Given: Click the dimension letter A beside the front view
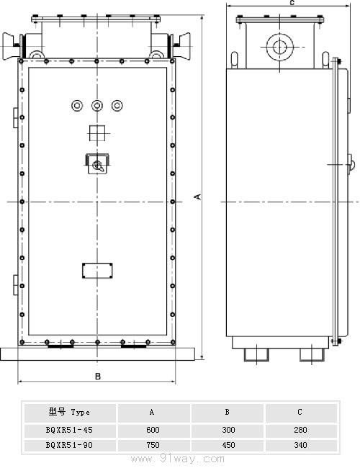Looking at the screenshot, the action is [x=197, y=197].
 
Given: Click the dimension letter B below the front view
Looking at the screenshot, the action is [x=98, y=377].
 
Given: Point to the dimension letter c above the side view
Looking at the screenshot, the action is [x=292, y=3].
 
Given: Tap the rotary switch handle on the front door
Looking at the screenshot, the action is [x=97, y=163].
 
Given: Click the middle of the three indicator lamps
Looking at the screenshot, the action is [x=97, y=105].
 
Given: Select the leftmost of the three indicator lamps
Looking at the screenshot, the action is [x=77, y=105].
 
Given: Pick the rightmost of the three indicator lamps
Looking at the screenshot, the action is [x=117, y=105].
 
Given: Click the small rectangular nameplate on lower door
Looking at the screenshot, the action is [x=97, y=271].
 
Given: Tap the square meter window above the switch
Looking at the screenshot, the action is [x=97, y=133].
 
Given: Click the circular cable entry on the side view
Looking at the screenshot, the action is [x=279, y=47].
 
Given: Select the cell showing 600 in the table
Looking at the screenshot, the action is [x=153, y=430].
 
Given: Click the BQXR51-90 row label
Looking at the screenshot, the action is [x=69, y=445].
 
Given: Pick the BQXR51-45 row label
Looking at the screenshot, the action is [x=69, y=430].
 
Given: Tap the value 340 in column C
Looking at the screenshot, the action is [x=300, y=445].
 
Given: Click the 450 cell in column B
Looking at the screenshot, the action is [x=228, y=445].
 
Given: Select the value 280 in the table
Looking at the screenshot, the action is [x=300, y=430].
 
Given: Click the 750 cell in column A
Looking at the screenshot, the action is [x=153, y=445].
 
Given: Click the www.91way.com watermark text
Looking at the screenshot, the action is [x=178, y=459].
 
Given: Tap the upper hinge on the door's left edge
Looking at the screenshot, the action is [x=16, y=117].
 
